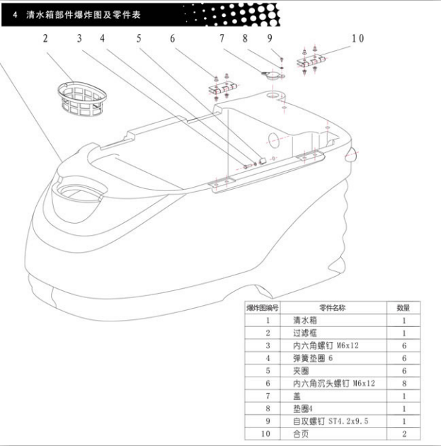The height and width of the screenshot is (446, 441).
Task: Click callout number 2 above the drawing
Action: point(45,38)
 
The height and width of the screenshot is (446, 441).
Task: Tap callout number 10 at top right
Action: point(357,38)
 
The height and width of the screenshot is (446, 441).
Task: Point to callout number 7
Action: point(222,38)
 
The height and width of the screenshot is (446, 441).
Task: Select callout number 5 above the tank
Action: point(139,38)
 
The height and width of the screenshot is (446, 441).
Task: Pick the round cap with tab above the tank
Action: point(273,75)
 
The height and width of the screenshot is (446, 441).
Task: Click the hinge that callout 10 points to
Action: point(311,62)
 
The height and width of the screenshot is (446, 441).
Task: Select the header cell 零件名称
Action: point(333,307)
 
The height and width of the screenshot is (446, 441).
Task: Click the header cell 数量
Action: point(403,307)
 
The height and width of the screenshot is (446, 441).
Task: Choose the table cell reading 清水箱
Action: point(305,320)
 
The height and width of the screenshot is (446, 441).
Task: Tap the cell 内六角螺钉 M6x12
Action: point(326,345)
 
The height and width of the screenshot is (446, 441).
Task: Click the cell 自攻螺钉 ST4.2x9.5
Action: point(331,421)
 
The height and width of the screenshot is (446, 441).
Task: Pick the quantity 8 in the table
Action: point(404,383)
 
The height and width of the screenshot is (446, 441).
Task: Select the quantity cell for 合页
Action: point(404,433)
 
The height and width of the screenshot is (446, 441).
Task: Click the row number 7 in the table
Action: point(268,396)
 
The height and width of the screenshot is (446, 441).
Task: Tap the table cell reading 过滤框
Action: point(305,333)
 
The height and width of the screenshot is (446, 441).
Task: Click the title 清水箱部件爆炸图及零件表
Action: point(84,14)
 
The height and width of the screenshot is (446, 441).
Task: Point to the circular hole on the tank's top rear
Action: point(274,95)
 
